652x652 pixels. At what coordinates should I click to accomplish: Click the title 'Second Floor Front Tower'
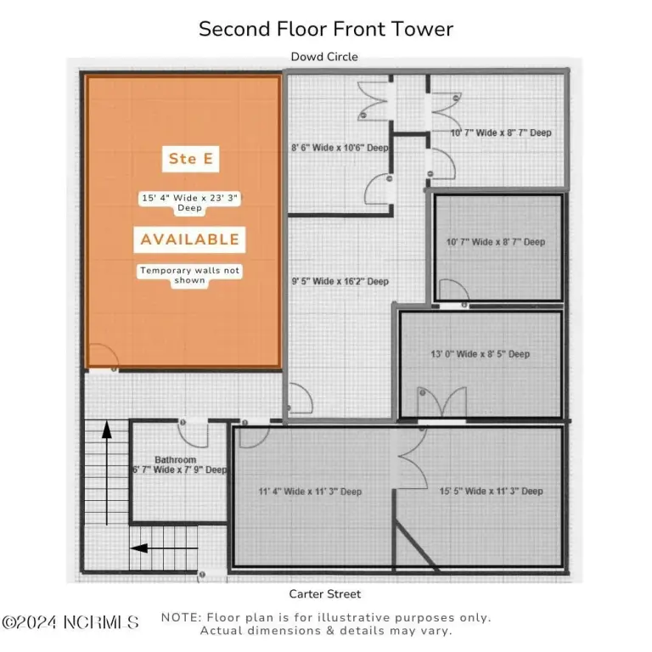(326, 29)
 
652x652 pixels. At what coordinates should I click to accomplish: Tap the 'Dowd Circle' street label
(324, 57)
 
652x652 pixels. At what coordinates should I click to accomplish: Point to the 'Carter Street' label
(325, 593)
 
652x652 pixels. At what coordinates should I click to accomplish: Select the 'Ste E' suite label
(190, 159)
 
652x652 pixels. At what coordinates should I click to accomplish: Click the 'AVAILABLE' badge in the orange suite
(189, 239)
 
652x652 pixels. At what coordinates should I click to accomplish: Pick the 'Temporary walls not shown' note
(189, 275)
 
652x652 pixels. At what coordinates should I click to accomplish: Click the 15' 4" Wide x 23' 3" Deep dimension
(189, 203)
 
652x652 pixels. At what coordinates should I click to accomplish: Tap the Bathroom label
(175, 459)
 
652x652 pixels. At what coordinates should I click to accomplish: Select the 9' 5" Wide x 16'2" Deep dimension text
(340, 282)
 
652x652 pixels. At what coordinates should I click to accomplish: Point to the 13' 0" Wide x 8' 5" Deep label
(481, 354)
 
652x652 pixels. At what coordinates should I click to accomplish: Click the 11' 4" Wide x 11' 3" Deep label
(310, 492)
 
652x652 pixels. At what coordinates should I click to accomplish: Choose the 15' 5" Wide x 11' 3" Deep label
(491, 491)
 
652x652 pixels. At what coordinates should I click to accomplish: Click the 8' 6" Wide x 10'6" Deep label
(340, 148)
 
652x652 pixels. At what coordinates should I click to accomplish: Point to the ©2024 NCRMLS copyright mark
(70, 622)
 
